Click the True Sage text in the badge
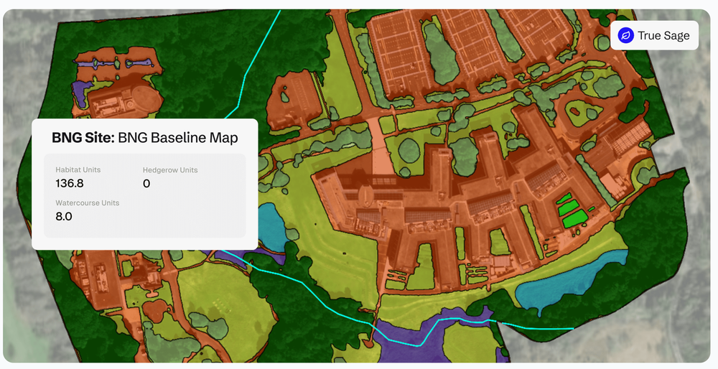pos(663,35)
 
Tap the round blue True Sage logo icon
pos(626,35)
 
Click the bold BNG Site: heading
pos(83,137)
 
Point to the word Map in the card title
pos(223,137)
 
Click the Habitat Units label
pos(78,170)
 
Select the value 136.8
pos(70,184)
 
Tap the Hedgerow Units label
pos(170,170)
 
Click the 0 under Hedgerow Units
pos(146,184)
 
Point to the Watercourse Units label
pos(87,203)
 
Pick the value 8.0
pos(64,217)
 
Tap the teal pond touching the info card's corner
pos(269,223)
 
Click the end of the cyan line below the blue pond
pos(572,329)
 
